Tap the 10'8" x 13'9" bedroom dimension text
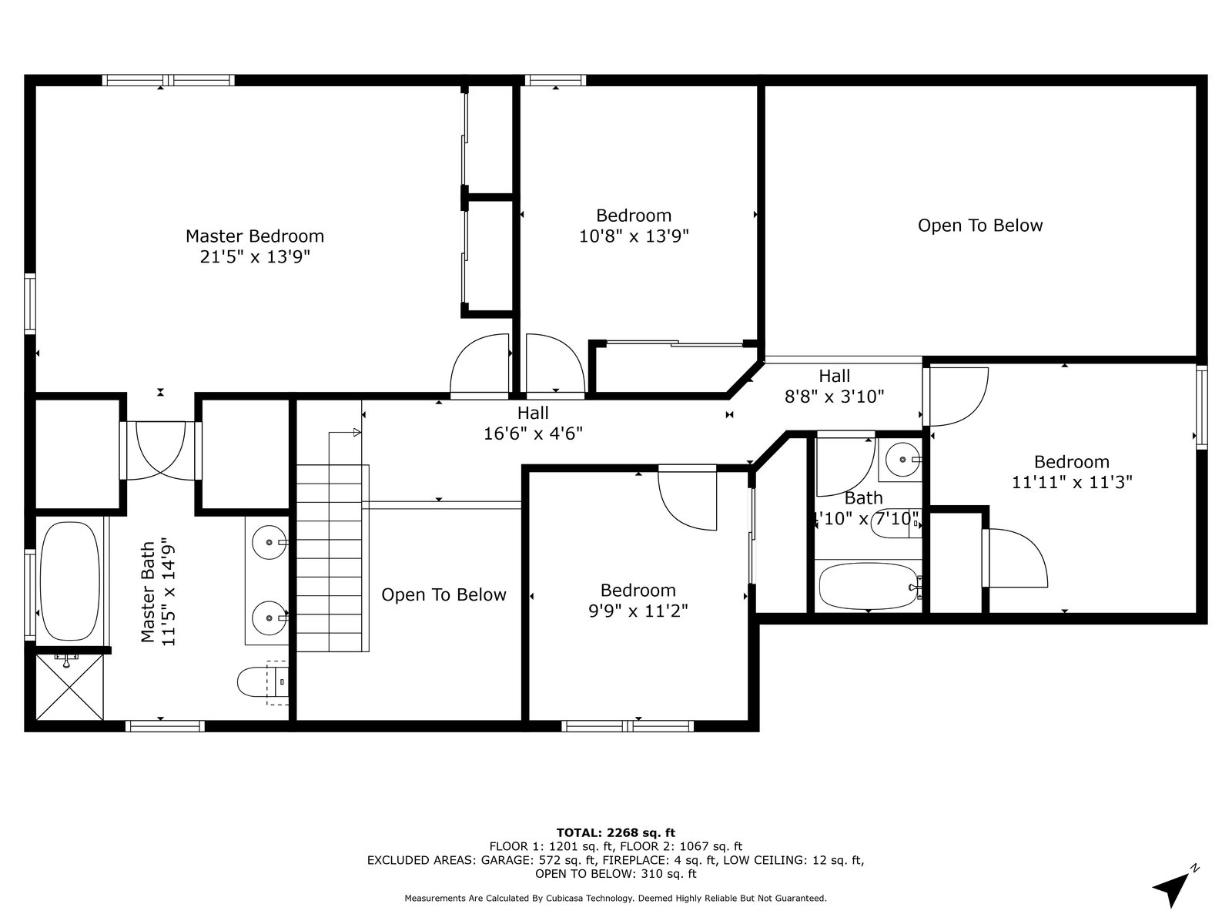(634, 236)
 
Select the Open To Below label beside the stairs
(444, 594)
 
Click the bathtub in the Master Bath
(69, 581)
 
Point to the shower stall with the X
(69, 687)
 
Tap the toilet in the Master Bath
(263, 682)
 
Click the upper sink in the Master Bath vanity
(270, 543)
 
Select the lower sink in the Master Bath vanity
(270, 618)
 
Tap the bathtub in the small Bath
(869, 586)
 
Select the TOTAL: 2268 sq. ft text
(616, 832)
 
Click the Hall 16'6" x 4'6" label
(533, 423)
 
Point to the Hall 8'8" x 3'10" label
(834, 386)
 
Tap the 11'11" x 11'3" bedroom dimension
(1072, 483)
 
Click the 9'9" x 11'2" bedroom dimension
(638, 611)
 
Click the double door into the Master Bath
(160, 450)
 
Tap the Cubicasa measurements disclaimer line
(616, 898)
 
